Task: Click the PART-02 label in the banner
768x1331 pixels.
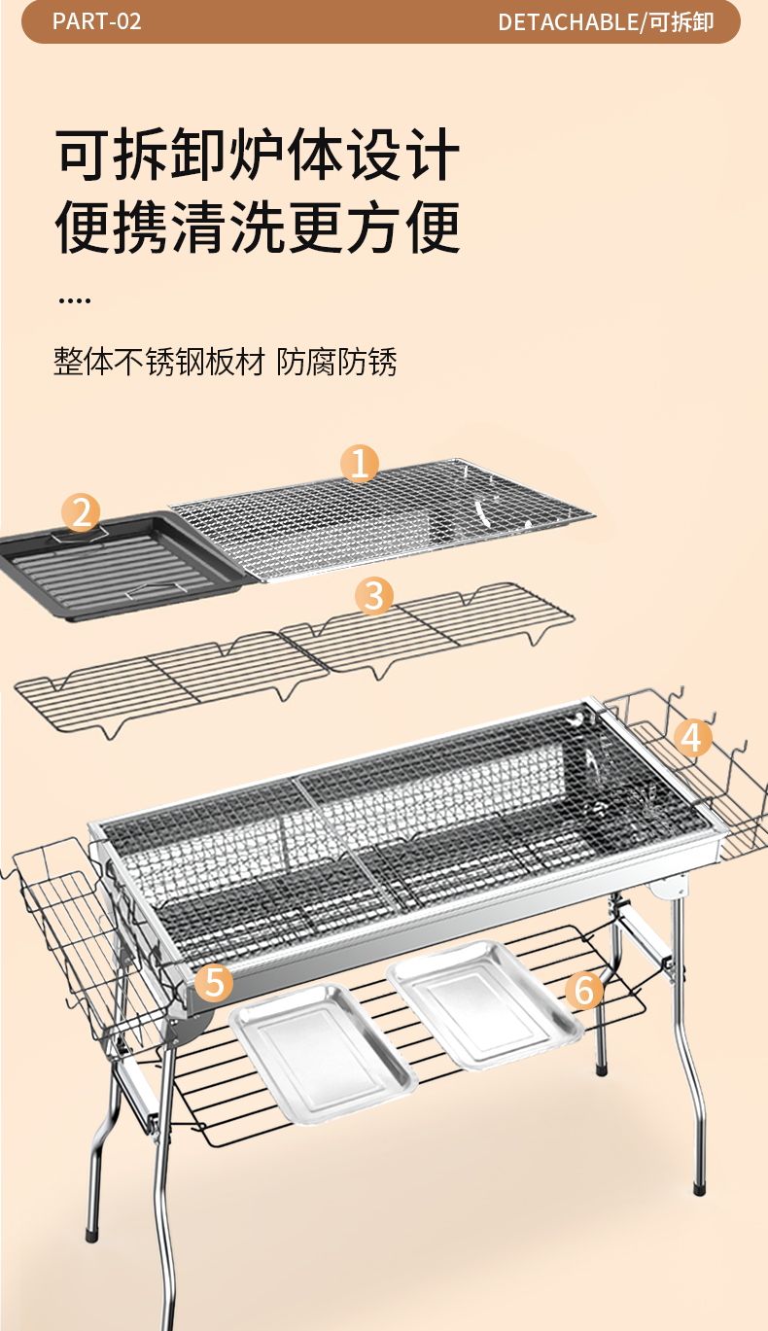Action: [97, 22]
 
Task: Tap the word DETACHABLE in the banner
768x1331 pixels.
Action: [567, 22]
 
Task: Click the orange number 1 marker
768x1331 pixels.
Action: [360, 463]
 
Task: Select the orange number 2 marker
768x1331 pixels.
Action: [82, 512]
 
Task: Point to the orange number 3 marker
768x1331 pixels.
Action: [374, 595]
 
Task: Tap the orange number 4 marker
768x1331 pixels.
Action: [692, 737]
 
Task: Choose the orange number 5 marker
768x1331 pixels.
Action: [215, 981]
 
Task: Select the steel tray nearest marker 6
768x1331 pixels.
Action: [484, 1004]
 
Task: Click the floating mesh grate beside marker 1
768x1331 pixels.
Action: [382, 520]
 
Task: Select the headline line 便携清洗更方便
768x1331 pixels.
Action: [259, 227]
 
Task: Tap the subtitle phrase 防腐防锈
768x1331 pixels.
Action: [336, 362]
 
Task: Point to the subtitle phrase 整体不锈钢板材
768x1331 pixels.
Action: [159, 362]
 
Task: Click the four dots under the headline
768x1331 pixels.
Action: [75, 300]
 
